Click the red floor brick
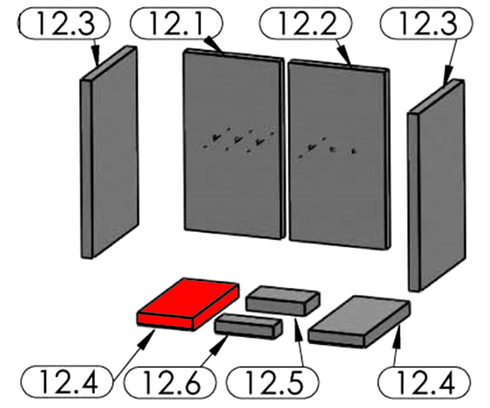point(188,304)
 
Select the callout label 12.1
point(177,23)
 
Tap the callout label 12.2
point(306,23)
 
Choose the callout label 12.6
point(170,382)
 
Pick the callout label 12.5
point(272,382)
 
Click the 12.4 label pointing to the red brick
point(66,382)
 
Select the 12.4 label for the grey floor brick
point(424,382)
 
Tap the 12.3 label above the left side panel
point(65,23)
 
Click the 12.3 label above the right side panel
point(426,23)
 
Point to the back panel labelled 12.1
point(234,144)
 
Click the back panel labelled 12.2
point(339,154)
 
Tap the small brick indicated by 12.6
point(248,326)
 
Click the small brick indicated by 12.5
point(283,300)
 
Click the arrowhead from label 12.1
point(214,46)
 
